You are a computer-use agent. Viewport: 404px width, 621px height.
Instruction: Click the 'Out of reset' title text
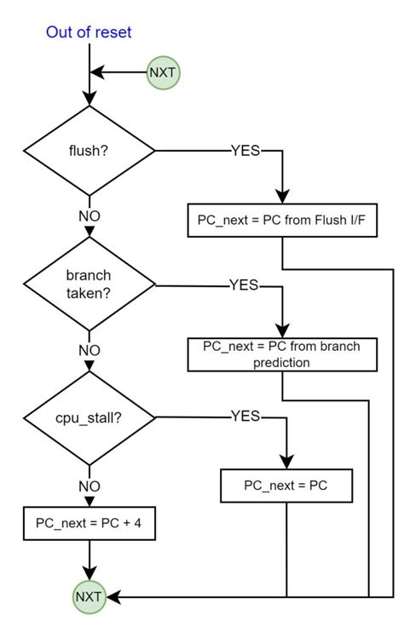pyautogui.click(x=89, y=33)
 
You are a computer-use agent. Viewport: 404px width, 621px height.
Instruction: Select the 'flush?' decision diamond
pyautogui.click(x=89, y=152)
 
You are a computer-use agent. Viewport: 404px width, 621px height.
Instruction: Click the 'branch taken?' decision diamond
pyautogui.click(x=89, y=285)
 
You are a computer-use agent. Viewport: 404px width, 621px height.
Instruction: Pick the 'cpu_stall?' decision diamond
pyautogui.click(x=89, y=418)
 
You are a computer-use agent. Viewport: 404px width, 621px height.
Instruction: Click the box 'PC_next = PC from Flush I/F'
pyautogui.click(x=281, y=221)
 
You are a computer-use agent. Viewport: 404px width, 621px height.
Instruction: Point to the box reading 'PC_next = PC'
pyautogui.click(x=286, y=486)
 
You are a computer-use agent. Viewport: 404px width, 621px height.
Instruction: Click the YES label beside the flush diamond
pyautogui.click(x=245, y=152)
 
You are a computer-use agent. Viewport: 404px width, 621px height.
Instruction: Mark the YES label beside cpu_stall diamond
pyautogui.click(x=245, y=417)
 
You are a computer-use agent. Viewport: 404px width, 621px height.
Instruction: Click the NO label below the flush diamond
pyautogui.click(x=89, y=216)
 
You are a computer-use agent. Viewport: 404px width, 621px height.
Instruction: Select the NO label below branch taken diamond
pyautogui.click(x=89, y=349)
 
